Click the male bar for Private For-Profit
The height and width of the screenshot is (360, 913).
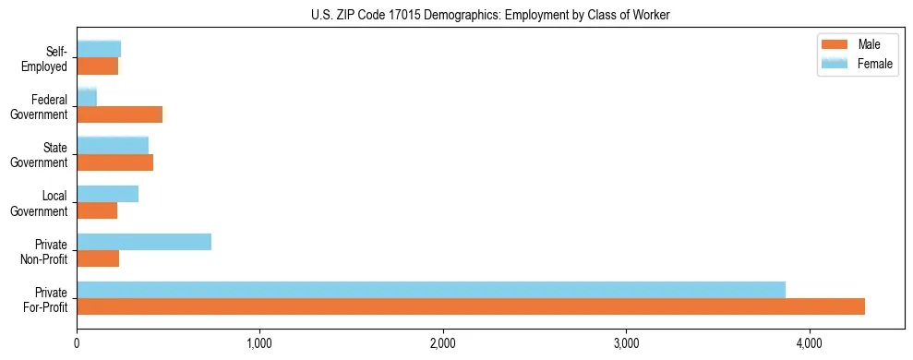471,306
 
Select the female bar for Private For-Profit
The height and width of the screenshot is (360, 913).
431,290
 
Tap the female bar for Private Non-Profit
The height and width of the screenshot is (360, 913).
144,242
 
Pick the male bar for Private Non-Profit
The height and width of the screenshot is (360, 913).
98,258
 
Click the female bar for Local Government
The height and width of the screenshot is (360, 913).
108,194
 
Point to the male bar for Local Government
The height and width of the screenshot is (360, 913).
97,210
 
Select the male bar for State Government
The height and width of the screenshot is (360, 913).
115,162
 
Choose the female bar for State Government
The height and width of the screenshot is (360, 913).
113,145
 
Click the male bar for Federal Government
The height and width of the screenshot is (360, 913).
120,114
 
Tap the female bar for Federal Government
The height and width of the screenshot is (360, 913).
87,97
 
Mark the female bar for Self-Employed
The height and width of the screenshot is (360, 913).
99,49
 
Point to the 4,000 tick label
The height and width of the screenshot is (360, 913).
810,344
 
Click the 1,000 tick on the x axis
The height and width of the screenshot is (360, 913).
259,344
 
